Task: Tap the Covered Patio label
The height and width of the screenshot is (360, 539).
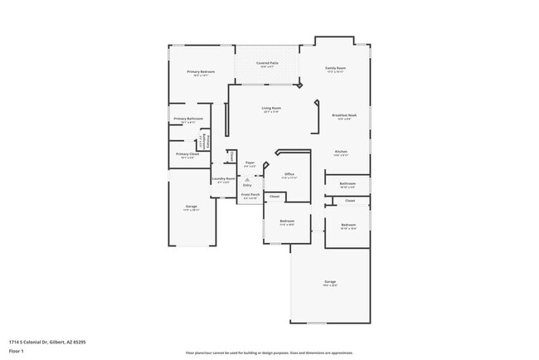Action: tap(266, 63)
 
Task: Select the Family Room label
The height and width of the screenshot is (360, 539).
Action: tap(335, 68)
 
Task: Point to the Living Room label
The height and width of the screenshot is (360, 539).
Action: tap(271, 108)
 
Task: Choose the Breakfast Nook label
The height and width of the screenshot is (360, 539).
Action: tap(344, 114)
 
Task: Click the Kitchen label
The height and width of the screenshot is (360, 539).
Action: tap(341, 152)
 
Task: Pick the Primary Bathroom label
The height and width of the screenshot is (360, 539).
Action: tap(188, 119)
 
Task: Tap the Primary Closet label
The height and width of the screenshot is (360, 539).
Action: tap(188, 153)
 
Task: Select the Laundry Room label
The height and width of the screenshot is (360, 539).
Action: tap(223, 178)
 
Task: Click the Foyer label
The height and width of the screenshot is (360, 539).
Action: tap(249, 163)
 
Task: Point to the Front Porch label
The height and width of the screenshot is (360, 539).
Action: tap(250, 194)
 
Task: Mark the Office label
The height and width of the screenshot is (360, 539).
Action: tap(289, 173)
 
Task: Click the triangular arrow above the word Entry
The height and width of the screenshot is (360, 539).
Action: tap(247, 178)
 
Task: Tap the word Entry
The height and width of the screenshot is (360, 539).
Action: tap(247, 184)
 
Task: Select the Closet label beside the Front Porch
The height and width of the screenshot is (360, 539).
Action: tap(274, 196)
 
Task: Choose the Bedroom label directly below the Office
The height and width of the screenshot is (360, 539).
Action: tap(287, 221)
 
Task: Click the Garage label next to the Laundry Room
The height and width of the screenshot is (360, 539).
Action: tap(191, 207)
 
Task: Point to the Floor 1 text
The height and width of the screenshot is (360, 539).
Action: tap(17, 351)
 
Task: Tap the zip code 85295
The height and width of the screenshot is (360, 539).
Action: tap(80, 341)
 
